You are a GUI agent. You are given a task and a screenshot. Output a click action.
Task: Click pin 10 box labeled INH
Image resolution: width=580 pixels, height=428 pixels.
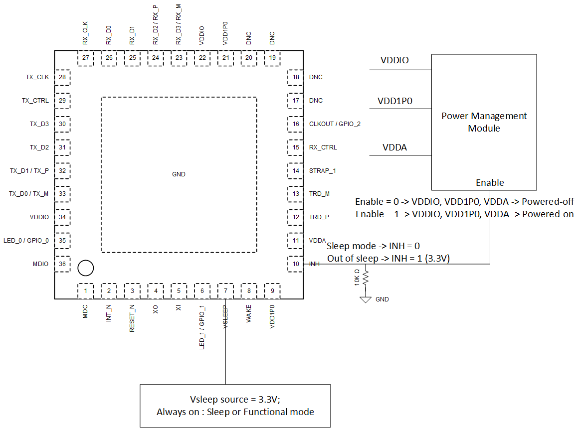(296, 264)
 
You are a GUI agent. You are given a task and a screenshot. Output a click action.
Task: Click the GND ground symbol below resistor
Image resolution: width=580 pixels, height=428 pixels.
(366, 299)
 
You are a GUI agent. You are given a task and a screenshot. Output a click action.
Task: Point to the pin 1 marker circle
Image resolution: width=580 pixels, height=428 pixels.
(86, 268)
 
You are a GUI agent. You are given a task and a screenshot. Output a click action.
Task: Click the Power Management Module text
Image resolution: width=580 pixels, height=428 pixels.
(484, 122)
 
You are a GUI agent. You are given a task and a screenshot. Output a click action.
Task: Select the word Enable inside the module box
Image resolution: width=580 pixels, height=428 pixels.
(490, 183)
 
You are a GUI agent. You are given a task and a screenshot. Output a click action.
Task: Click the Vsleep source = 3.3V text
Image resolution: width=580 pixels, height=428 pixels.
(235, 400)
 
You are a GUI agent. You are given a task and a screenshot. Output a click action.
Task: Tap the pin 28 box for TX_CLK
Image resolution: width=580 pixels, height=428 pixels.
(62, 77)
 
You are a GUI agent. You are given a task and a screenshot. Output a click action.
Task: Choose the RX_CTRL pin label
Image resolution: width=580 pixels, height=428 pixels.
(323, 147)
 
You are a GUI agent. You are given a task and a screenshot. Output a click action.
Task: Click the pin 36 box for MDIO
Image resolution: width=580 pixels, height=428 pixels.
(62, 264)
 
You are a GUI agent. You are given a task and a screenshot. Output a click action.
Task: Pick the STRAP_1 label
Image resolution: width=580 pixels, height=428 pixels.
(322, 171)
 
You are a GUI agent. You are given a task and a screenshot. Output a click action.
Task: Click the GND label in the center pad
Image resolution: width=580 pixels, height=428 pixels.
(179, 174)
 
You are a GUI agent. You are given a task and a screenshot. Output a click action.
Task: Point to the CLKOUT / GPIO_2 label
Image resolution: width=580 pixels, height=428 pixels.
(335, 124)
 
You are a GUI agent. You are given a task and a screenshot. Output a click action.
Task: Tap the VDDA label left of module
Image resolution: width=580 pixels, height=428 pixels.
(395, 147)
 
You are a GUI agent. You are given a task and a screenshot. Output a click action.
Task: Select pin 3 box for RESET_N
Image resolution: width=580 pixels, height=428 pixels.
(132, 291)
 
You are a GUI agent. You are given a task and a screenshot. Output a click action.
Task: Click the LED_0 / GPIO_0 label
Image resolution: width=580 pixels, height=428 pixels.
(26, 241)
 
